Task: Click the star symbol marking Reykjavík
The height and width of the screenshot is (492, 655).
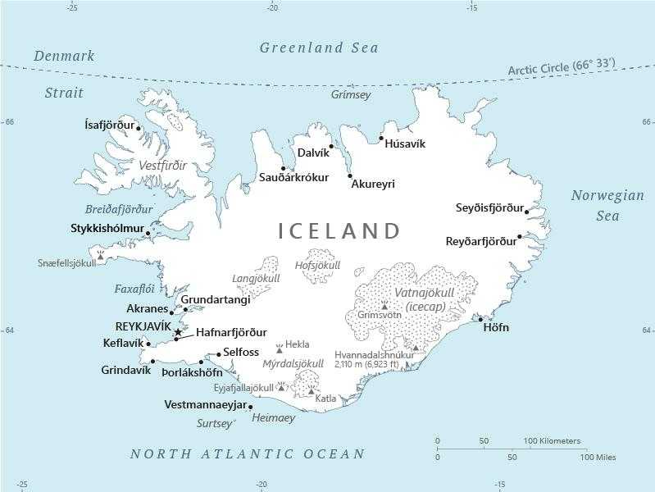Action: click(x=178, y=331)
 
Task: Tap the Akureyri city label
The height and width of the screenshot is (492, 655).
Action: click(x=372, y=184)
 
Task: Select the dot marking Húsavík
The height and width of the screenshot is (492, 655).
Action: click(x=381, y=139)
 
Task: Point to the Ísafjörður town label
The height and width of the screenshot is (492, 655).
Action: click(x=109, y=125)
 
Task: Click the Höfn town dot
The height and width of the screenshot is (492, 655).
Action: click(x=481, y=320)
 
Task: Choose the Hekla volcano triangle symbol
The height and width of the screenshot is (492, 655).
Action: click(x=279, y=348)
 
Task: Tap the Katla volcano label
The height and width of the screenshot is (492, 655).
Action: click(x=325, y=399)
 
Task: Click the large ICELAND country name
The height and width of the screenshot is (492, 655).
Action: click(x=339, y=231)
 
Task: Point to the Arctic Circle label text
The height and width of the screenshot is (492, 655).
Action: click(x=561, y=66)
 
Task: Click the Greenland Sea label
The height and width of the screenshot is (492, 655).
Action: click(x=319, y=48)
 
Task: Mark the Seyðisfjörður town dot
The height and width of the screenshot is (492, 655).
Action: click(x=526, y=212)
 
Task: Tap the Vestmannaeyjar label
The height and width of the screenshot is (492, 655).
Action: click(x=204, y=405)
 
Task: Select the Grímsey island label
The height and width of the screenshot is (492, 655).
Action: click(x=351, y=95)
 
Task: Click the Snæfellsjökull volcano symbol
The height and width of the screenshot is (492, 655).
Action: click(x=101, y=256)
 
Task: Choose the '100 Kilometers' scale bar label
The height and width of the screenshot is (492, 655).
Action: click(x=552, y=441)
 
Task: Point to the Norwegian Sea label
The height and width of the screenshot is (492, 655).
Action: click(x=607, y=206)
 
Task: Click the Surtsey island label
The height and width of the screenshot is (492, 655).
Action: click(x=215, y=424)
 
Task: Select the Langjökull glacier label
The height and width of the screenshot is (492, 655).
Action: click(x=256, y=279)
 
